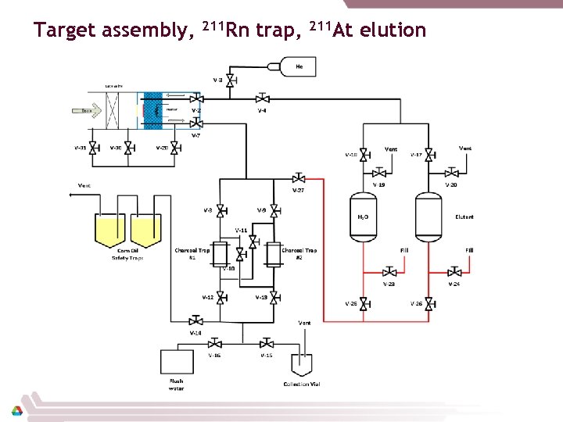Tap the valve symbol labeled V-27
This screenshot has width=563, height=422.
299,178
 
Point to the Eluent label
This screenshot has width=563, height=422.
464,217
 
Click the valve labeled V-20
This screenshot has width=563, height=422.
451,173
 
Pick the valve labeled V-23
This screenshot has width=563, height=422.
389,272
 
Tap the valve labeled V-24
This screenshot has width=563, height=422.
454,272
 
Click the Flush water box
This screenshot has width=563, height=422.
176,363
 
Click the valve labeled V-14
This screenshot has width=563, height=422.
195,320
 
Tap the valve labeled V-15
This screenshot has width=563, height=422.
267,343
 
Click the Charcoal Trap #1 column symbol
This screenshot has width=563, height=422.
221,253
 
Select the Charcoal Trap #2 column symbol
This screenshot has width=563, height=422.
273,253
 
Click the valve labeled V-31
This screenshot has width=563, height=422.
92,148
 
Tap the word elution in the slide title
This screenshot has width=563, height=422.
389,30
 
